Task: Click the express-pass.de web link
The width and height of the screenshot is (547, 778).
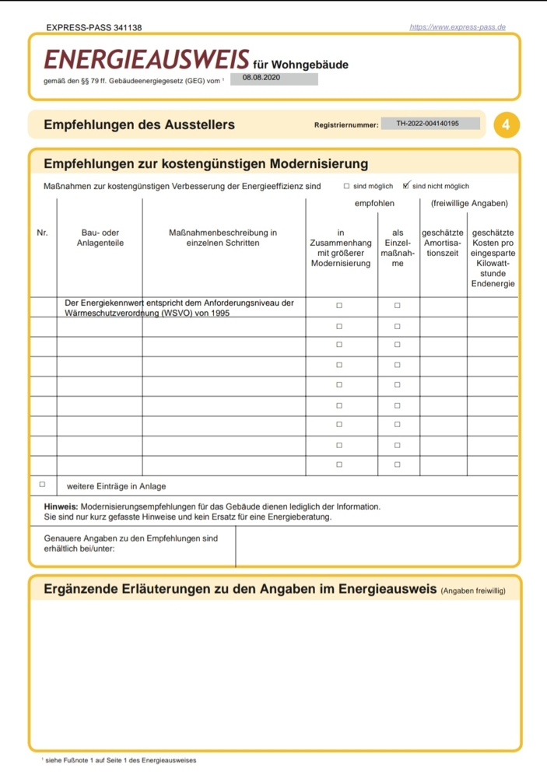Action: click(x=458, y=27)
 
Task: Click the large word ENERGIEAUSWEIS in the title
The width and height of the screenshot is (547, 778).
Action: click(x=147, y=60)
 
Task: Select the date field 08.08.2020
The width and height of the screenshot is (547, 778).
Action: click(x=261, y=79)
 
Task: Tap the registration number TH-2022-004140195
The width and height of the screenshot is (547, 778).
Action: click(x=427, y=124)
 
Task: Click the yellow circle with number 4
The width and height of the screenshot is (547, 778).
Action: click(x=507, y=124)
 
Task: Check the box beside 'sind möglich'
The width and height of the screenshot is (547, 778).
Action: click(x=347, y=187)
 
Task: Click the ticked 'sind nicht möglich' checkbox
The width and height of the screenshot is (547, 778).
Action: click(x=406, y=186)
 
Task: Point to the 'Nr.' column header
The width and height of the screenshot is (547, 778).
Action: click(x=42, y=233)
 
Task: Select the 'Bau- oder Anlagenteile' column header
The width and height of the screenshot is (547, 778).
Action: click(x=100, y=237)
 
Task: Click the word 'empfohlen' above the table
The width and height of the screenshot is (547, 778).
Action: click(x=375, y=204)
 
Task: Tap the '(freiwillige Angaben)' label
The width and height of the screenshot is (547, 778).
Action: click(x=468, y=204)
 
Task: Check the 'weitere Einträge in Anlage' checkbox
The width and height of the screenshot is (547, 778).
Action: click(x=43, y=485)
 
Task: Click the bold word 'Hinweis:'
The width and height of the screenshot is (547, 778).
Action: click(x=61, y=507)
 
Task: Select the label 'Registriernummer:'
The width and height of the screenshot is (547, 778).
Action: click(x=346, y=124)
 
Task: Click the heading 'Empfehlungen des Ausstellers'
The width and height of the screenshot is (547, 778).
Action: click(x=139, y=124)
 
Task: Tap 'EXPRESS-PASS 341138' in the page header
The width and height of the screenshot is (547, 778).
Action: click(x=94, y=27)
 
